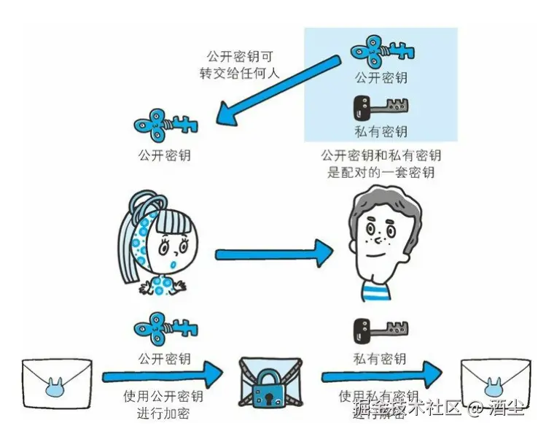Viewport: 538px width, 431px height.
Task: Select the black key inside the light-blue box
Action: [379, 108]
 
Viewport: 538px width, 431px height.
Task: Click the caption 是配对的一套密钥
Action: [381, 173]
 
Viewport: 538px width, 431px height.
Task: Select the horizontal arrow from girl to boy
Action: [273, 254]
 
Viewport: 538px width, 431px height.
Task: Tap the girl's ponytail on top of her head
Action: [143, 202]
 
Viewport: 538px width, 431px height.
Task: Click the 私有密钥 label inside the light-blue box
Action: [380, 131]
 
